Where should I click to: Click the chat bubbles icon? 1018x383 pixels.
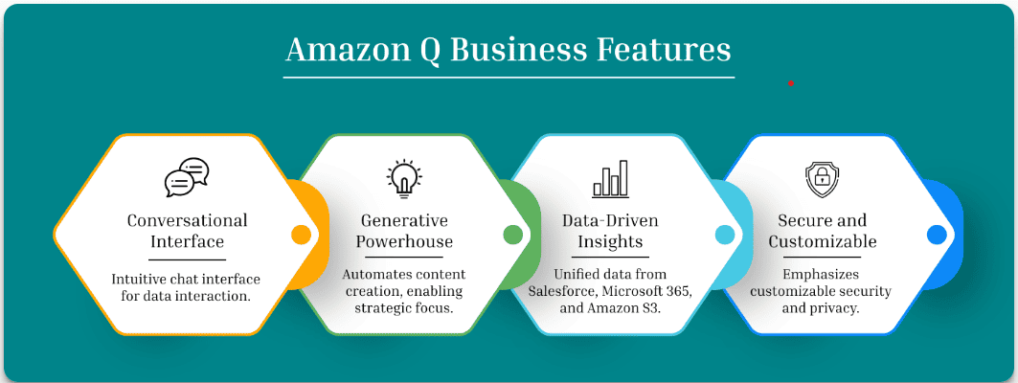point(187,177)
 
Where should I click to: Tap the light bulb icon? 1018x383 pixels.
point(404,177)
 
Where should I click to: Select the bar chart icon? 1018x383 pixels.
point(610,177)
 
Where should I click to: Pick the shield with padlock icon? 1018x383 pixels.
point(822,178)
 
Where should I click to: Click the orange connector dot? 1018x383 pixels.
point(301,235)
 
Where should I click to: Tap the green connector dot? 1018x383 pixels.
point(512,235)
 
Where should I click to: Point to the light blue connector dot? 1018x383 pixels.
point(725,235)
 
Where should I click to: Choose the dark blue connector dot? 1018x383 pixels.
point(937,235)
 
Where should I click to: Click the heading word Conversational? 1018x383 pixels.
point(187,220)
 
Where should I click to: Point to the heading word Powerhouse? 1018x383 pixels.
point(404,241)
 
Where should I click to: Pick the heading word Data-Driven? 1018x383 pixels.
point(610,220)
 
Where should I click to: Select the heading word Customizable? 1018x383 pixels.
point(822,241)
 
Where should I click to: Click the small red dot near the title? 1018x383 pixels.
point(791,83)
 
